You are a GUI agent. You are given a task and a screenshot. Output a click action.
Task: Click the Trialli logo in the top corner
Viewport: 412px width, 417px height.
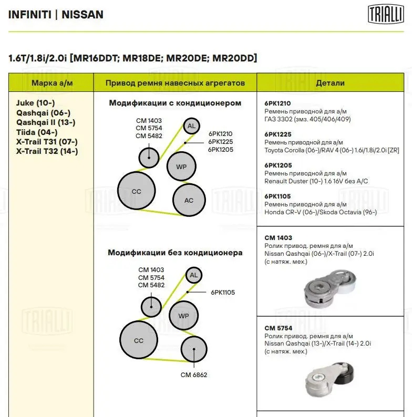pyautogui.click(x=383, y=14)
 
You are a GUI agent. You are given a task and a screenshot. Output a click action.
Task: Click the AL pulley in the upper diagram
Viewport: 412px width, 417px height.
pyautogui.click(x=191, y=126)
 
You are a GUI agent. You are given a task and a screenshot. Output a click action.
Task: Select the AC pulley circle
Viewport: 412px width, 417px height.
pyautogui.click(x=189, y=200)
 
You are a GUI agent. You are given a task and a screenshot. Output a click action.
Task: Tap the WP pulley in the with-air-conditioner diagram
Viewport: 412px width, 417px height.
pyautogui.click(x=181, y=167)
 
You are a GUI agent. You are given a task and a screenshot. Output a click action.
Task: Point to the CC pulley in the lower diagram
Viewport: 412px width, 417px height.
pyautogui.click(x=138, y=341)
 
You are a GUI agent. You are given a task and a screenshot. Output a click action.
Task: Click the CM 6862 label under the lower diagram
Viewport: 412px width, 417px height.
pyautogui.click(x=194, y=375)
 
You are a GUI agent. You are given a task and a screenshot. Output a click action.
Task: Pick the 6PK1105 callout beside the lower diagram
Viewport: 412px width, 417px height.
pyautogui.click(x=223, y=292)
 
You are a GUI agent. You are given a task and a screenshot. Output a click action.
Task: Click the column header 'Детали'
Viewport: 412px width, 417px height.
pyautogui.click(x=330, y=83)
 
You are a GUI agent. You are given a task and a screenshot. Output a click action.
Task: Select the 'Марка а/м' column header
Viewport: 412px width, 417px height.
pyautogui.click(x=51, y=83)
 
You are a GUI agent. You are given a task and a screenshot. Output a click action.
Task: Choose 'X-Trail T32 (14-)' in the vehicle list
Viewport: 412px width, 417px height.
pyautogui.click(x=47, y=151)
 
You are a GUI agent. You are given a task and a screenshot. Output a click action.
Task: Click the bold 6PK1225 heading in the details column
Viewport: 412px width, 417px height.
pyautogui.click(x=277, y=134)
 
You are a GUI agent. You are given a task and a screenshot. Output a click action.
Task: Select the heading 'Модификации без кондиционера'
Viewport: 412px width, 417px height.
pyautogui.click(x=175, y=253)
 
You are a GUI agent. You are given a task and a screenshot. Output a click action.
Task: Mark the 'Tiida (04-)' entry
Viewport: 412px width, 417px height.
pyautogui.click(x=37, y=132)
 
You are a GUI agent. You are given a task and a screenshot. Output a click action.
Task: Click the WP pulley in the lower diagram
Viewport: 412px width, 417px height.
pyautogui.click(x=183, y=316)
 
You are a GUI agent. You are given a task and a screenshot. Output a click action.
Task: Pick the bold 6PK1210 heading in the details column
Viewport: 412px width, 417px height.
pyautogui.click(x=277, y=103)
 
